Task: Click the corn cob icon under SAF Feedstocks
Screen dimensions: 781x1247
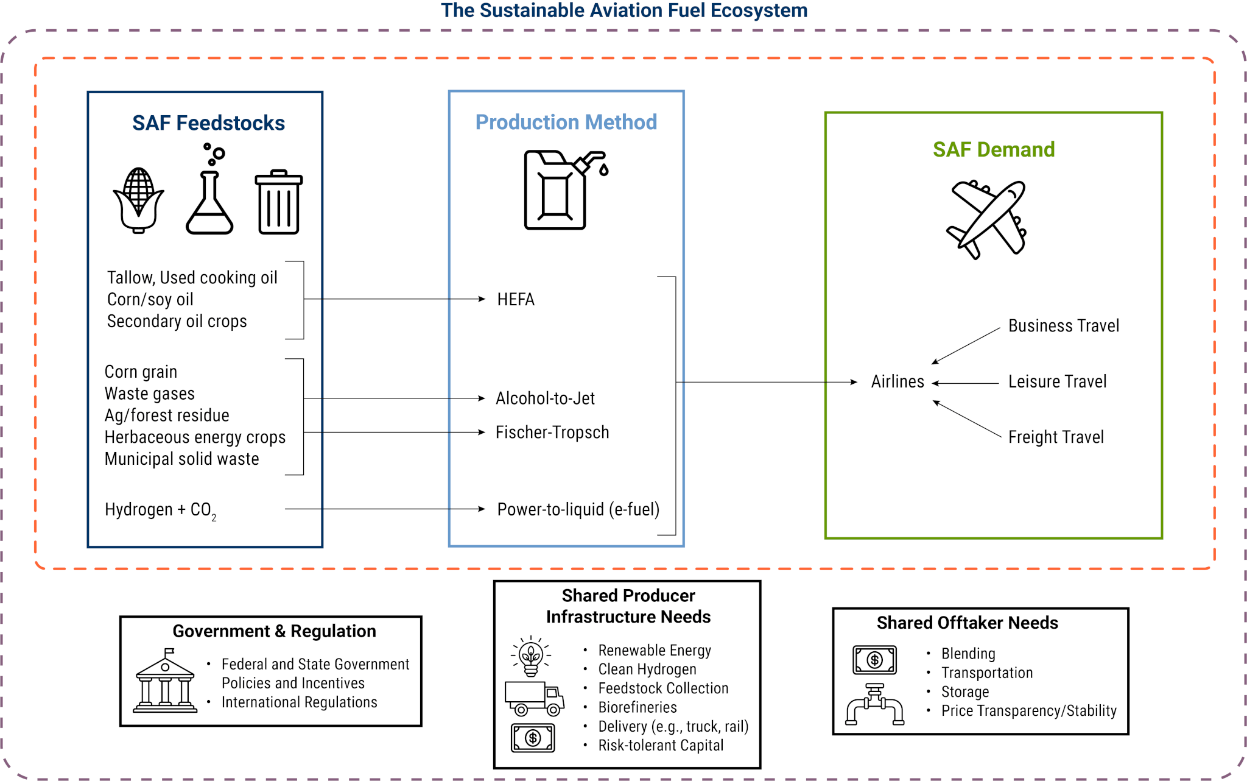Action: click(139, 200)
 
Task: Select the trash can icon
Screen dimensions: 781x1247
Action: click(279, 202)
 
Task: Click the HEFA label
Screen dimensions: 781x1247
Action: click(516, 300)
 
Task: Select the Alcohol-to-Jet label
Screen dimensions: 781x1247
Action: click(545, 398)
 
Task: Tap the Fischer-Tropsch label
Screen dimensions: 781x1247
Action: click(552, 433)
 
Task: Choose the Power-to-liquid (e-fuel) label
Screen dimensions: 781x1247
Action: click(578, 509)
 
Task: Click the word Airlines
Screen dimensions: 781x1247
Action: click(897, 382)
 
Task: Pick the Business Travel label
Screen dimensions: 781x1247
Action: click(1064, 326)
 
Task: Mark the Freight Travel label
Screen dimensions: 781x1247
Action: click(1056, 437)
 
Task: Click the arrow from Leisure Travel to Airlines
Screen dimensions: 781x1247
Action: click(966, 383)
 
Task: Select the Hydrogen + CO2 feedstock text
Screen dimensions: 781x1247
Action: click(160, 510)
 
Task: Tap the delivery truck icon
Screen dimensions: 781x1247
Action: click(534, 699)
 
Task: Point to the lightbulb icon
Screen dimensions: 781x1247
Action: click(531, 657)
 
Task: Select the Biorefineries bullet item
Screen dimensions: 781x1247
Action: click(638, 707)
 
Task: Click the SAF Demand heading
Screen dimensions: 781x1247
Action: click(994, 150)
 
